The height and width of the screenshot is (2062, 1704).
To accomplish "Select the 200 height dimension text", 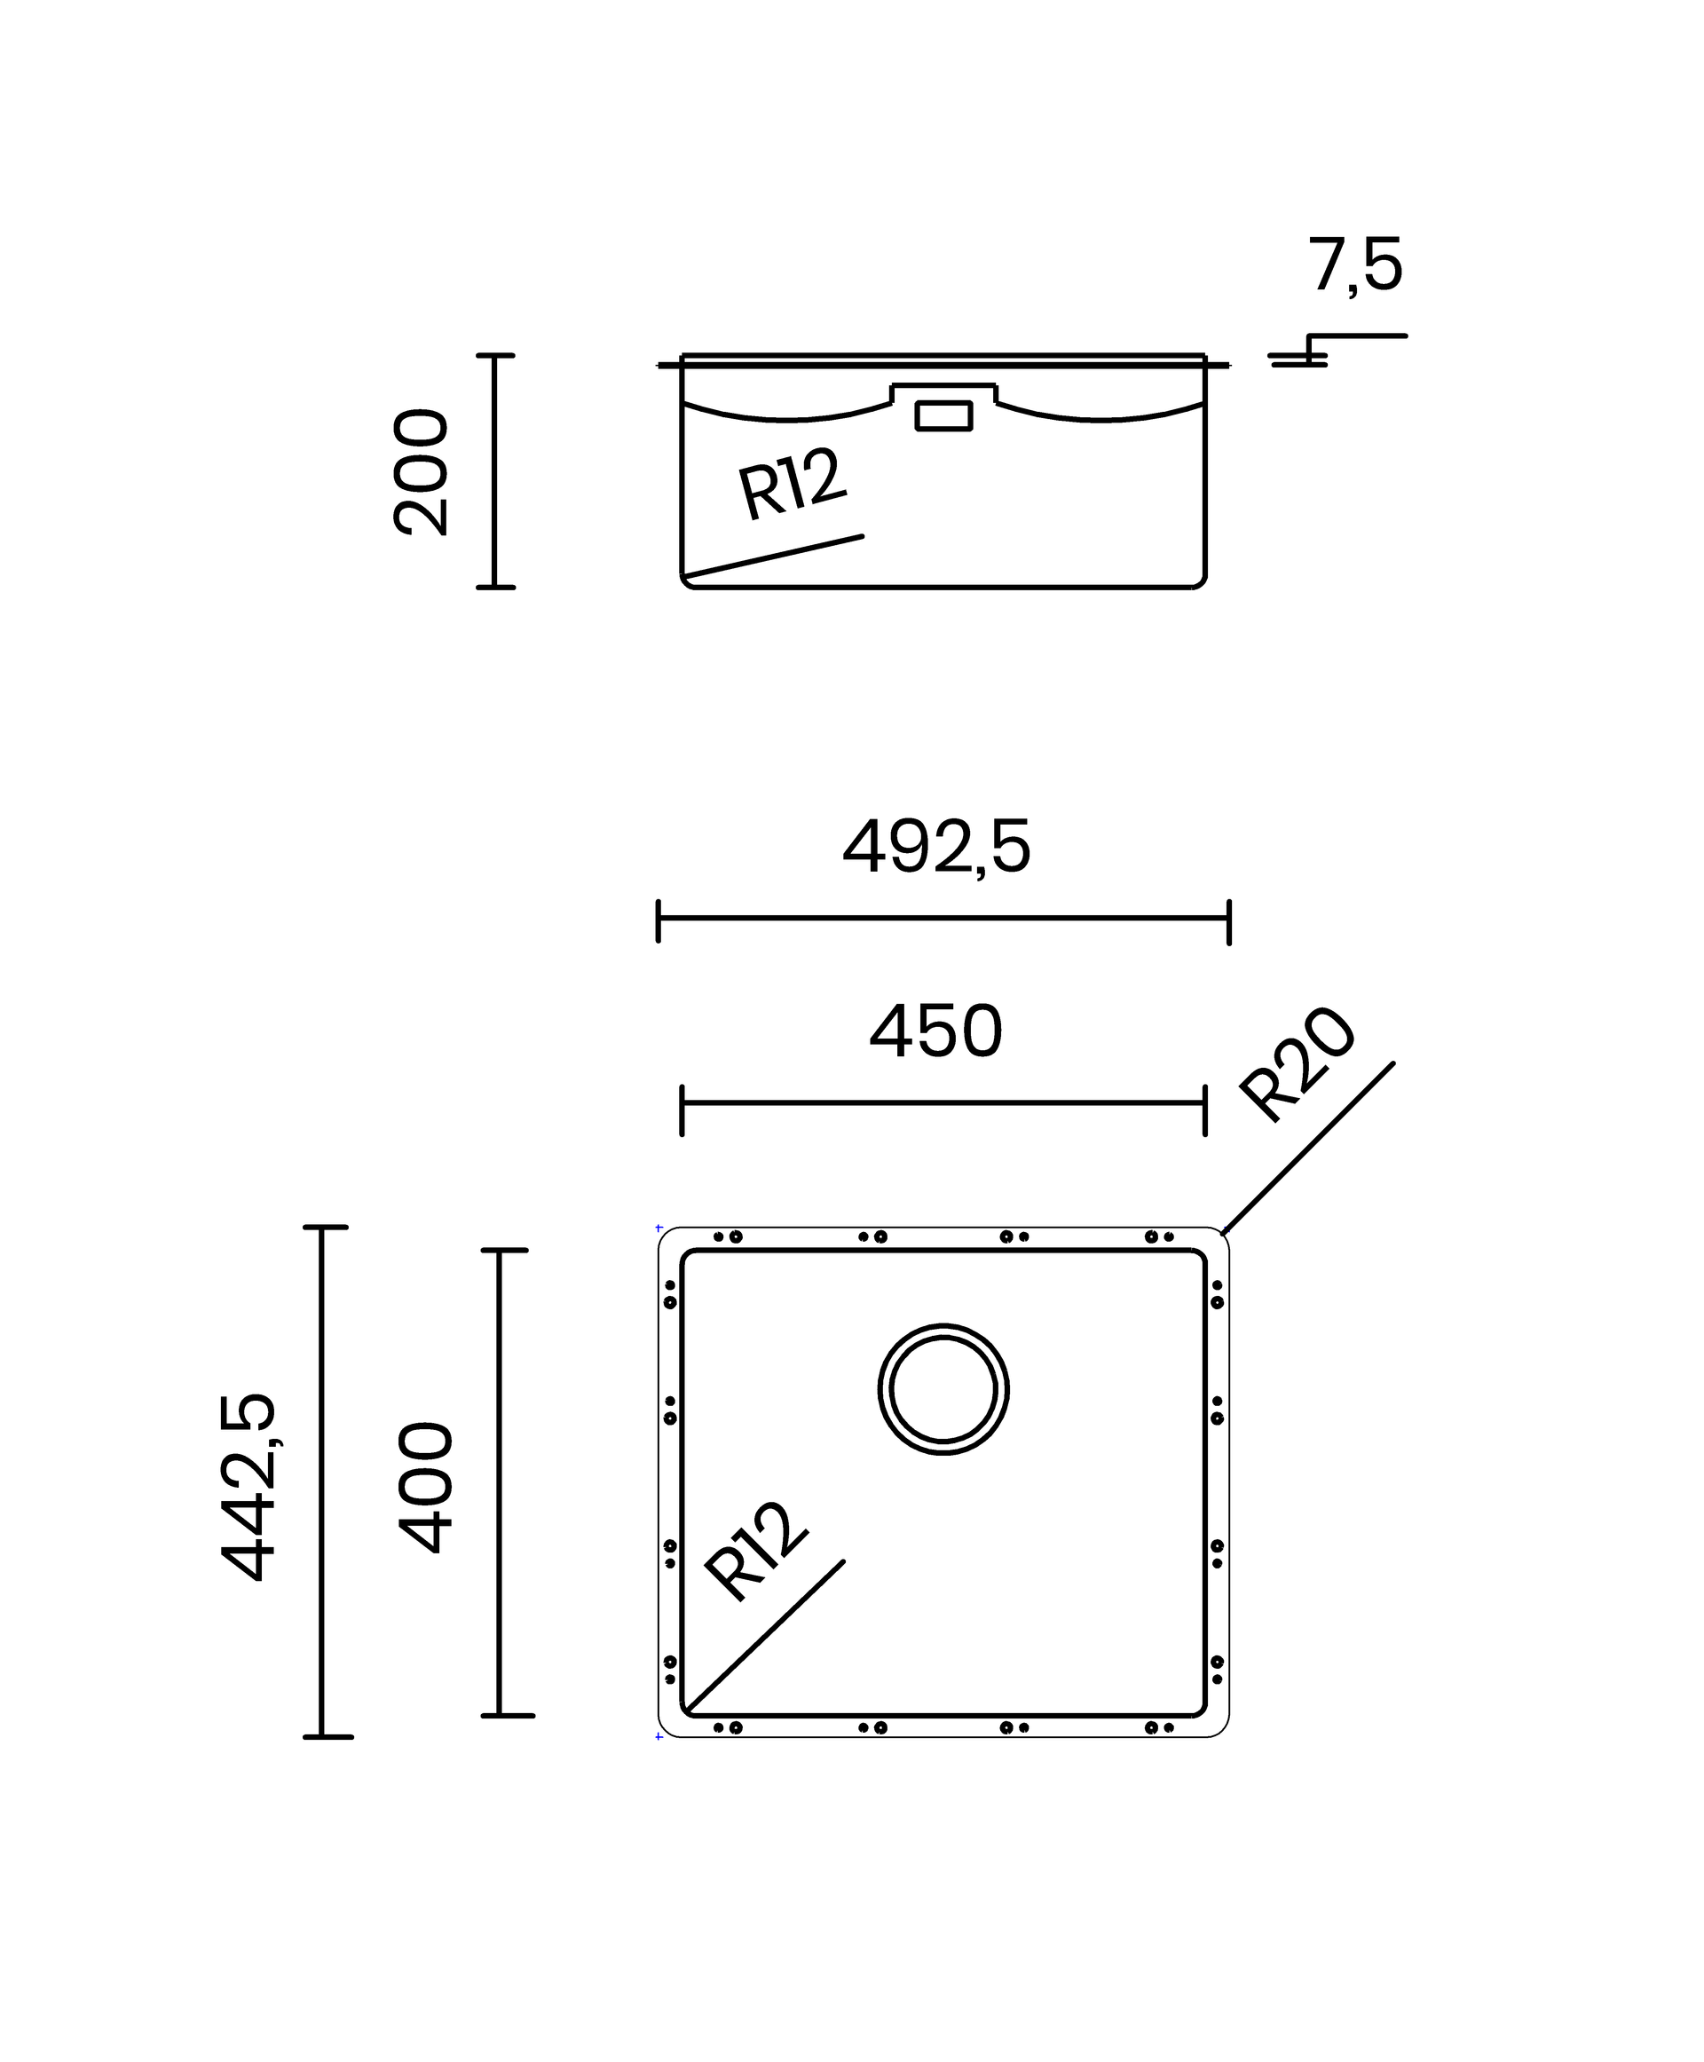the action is (421, 472).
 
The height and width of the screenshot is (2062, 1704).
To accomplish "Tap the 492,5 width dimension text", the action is (936, 848).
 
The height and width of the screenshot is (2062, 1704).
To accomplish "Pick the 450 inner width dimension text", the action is (936, 1032).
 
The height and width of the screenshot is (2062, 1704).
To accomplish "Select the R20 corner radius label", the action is (1298, 1064).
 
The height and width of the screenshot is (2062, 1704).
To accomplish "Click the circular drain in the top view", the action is (943, 1325).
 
